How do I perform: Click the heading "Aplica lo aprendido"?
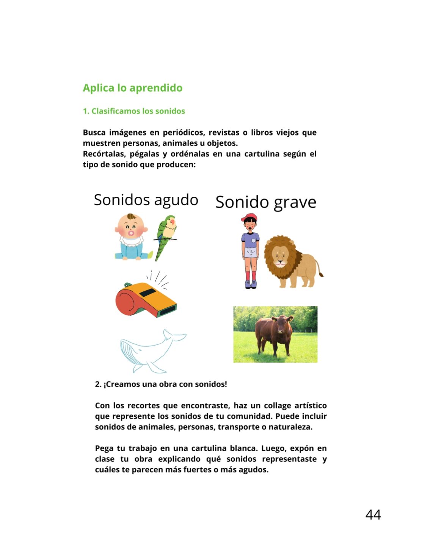[132, 88]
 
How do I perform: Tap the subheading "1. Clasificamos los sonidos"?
[134, 111]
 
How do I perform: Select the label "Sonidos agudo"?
[146, 200]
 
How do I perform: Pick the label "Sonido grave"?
[265, 202]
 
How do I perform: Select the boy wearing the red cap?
[250, 252]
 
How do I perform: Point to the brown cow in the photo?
[274, 333]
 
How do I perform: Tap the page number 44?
[373, 515]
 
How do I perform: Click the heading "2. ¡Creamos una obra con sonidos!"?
[161, 384]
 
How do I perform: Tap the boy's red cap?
[249, 217]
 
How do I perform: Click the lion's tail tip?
[321, 275]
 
